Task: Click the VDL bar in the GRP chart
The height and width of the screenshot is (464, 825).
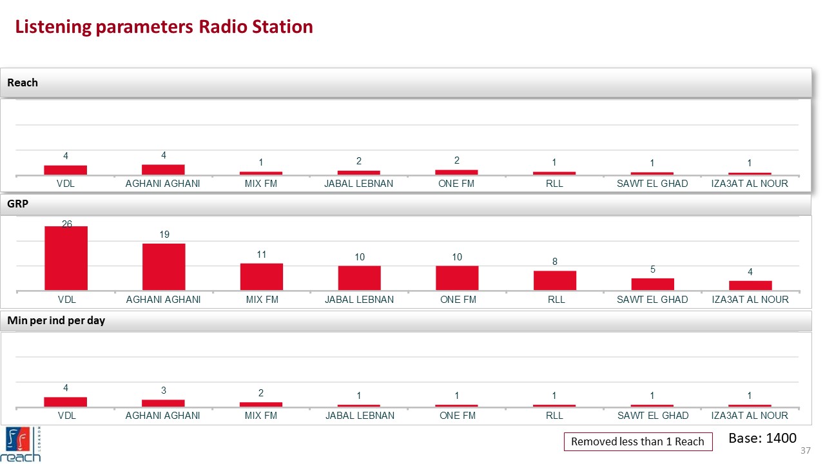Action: point(66,258)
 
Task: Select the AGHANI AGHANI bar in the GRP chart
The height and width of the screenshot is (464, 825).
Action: point(164,266)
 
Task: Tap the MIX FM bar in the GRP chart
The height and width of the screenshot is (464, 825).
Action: point(262,276)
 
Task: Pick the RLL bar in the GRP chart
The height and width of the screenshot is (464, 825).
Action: point(554,280)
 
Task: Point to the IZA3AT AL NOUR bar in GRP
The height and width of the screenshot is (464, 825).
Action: point(750,285)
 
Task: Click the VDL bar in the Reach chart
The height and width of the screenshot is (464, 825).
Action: point(66,169)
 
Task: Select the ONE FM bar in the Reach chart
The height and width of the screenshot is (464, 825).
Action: point(456,172)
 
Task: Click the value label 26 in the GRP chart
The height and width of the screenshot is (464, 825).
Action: point(67,224)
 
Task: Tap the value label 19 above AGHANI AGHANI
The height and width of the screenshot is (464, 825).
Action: point(164,235)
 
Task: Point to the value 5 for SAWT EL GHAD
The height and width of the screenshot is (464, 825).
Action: point(652,270)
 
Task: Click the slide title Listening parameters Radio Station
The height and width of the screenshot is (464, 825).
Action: point(164,27)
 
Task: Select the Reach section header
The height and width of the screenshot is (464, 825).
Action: point(23,82)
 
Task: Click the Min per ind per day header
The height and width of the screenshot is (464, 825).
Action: point(56,321)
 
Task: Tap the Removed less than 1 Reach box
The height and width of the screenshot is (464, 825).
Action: point(638,441)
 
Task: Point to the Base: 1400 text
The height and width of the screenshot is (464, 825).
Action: point(762,438)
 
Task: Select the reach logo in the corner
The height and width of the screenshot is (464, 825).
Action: point(23,444)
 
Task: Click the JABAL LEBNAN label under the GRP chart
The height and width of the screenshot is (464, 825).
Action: point(359,300)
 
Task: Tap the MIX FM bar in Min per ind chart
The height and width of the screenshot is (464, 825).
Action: point(261,404)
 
